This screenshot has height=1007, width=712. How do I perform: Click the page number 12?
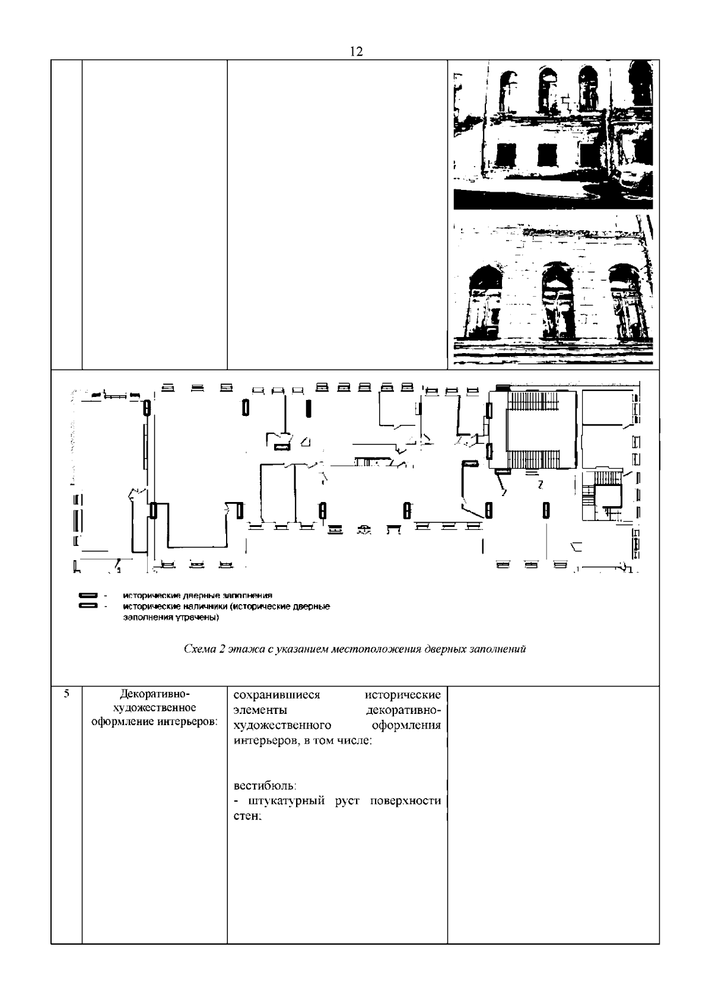[356, 52]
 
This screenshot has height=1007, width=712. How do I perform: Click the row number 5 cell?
[66, 693]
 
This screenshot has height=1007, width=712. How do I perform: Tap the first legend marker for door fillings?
[88, 595]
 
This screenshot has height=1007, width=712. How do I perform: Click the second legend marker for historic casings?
[88, 606]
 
